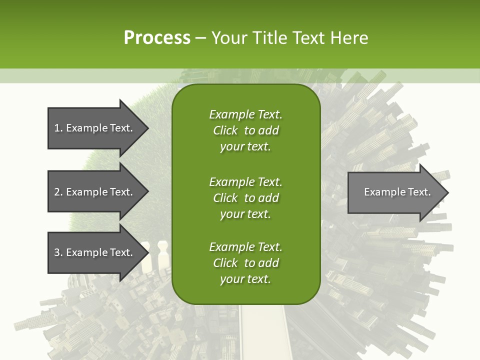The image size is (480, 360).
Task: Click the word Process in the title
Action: (157, 38)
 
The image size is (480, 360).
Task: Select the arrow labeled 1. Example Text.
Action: (93, 128)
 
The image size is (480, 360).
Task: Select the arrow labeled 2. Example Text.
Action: (93, 192)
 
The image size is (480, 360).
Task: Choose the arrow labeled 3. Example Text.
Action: (93, 252)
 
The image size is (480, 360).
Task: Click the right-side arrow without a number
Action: (397, 192)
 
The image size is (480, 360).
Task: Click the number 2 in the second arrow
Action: (57, 192)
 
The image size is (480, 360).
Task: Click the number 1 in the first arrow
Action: (57, 128)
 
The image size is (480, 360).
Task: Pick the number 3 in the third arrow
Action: (57, 252)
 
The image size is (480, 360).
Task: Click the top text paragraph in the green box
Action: (245, 130)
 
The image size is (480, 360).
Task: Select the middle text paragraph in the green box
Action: (245, 197)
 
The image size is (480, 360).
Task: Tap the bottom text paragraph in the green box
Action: (245, 263)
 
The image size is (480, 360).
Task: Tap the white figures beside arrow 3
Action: (154, 255)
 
